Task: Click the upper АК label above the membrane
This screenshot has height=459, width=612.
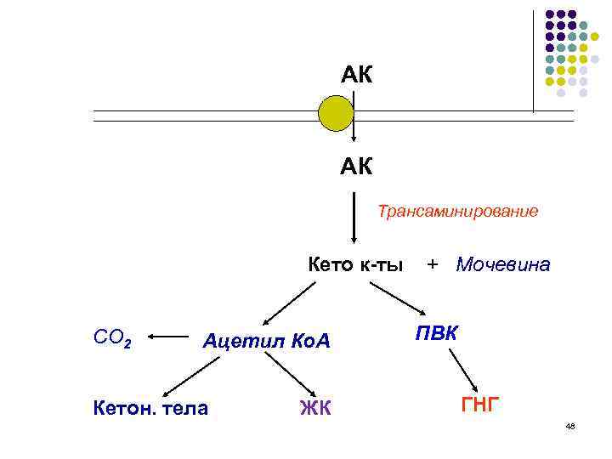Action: tap(356, 76)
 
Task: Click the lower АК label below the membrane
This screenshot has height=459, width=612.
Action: tap(356, 167)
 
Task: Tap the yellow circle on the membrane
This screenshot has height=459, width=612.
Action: tap(335, 113)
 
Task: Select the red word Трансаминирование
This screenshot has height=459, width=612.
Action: tap(457, 211)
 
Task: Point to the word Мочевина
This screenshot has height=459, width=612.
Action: tap(503, 264)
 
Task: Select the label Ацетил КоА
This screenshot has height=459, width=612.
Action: tap(266, 342)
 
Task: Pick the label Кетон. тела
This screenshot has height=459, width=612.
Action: tap(150, 408)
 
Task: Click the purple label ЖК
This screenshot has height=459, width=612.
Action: tap(314, 410)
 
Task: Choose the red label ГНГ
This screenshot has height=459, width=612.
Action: tap(480, 405)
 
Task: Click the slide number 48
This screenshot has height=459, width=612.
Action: tap(569, 425)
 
